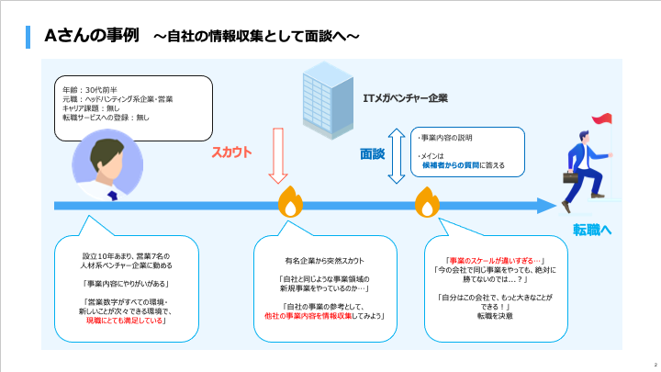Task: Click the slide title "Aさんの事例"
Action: click(91, 35)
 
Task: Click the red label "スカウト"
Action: click(231, 152)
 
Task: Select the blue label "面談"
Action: click(372, 155)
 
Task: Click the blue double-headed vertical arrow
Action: click(397, 155)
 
